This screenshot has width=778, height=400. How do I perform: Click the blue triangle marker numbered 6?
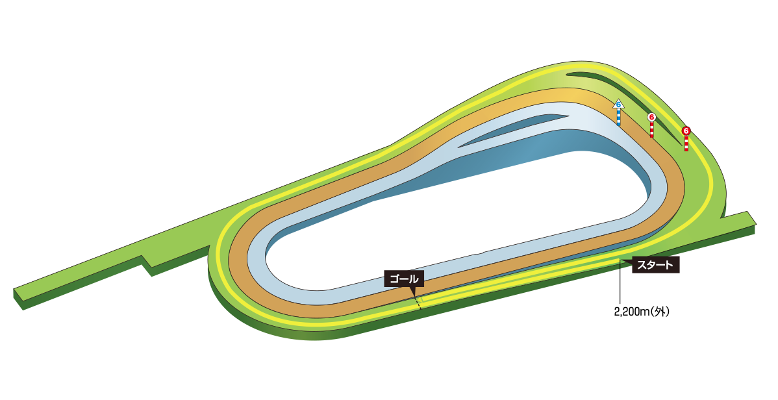pyautogui.click(x=618, y=104)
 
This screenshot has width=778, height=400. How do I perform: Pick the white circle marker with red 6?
pyautogui.click(x=651, y=117)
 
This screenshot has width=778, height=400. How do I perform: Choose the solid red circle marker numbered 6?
pyautogui.click(x=686, y=131)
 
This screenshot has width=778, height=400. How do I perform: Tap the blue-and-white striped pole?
pyautogui.click(x=618, y=117)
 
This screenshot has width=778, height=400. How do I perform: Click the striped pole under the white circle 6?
pyautogui.click(x=652, y=129)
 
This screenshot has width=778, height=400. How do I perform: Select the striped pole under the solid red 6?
pyautogui.click(x=686, y=144)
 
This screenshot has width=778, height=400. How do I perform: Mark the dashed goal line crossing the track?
pyautogui.click(x=416, y=301)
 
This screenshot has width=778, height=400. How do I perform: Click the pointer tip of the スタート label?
pyautogui.click(x=624, y=261)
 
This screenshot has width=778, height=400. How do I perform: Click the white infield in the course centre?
pyautogui.click(x=455, y=221)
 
